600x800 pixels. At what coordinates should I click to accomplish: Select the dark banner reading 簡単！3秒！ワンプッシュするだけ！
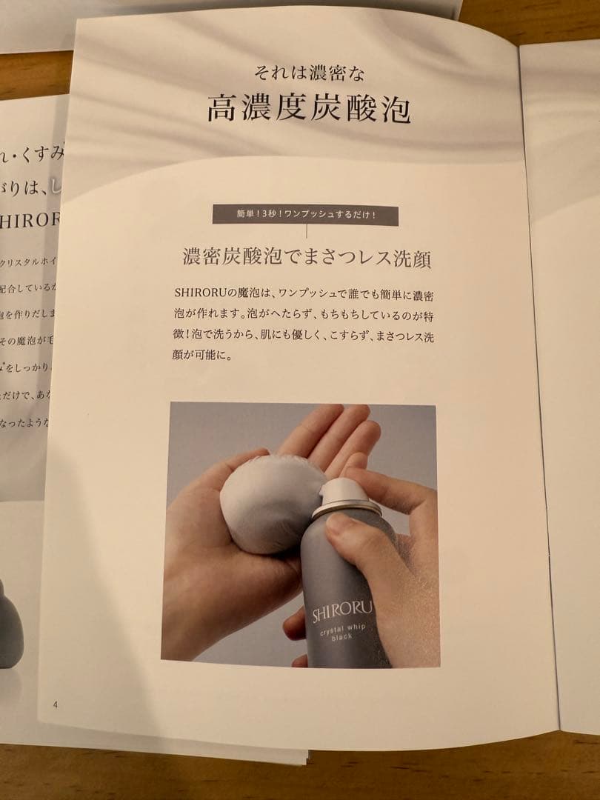[305, 216]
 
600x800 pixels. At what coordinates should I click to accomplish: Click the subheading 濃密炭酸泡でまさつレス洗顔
[307, 259]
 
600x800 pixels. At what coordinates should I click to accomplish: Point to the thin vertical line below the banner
[306, 232]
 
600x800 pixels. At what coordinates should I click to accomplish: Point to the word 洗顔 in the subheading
[414, 259]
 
